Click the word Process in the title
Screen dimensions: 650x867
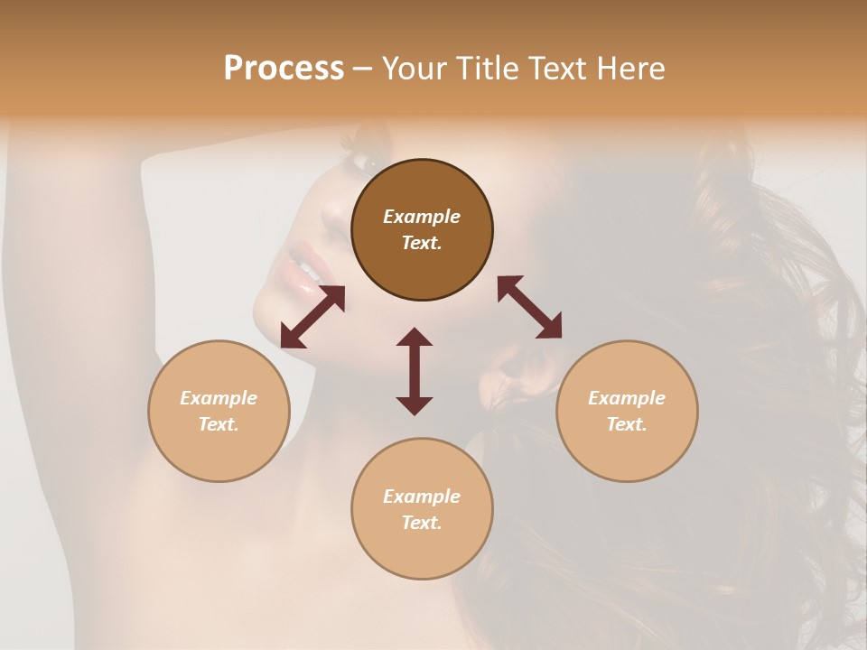click(284, 69)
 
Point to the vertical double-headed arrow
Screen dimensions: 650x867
click(415, 371)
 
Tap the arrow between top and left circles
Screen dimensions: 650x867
click(312, 317)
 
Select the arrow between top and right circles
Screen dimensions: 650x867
click(529, 307)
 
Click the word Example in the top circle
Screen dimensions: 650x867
click(422, 217)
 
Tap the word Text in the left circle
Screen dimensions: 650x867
click(219, 424)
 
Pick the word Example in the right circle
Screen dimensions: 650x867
click(627, 398)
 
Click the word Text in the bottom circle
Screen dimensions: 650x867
click(422, 523)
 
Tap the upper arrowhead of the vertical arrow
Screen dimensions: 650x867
click(415, 337)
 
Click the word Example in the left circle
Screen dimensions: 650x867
click(219, 398)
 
